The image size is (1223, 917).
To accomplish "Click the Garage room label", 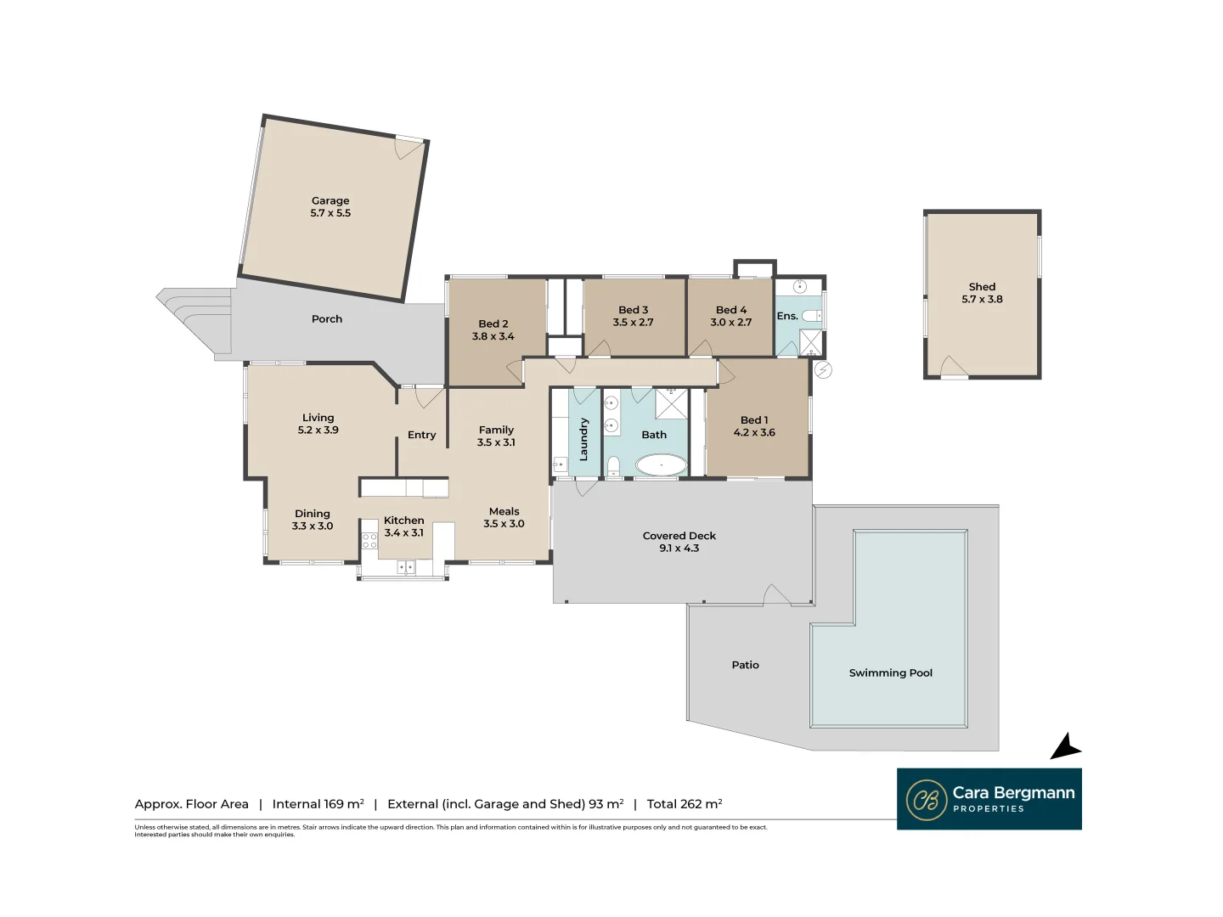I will tap(330, 201).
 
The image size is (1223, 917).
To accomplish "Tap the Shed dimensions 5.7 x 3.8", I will tap(982, 300).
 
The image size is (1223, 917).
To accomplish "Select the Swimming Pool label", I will tap(890, 673).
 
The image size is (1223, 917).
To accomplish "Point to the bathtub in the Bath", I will tap(661, 464).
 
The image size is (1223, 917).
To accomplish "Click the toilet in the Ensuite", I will tap(811, 316).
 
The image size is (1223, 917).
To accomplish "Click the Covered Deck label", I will tap(679, 536).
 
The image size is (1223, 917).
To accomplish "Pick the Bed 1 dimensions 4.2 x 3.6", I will tap(754, 433).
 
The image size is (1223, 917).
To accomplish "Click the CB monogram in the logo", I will tap(926, 800).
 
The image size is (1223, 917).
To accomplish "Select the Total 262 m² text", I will tap(685, 804).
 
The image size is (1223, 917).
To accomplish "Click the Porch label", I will tap(327, 319).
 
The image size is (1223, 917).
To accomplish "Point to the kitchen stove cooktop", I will tap(369, 539).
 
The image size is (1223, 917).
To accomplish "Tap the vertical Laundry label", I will tap(583, 439).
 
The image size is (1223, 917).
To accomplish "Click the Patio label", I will tap(745, 665).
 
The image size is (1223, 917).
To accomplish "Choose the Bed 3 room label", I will tap(633, 310).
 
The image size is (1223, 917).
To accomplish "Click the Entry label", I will tap(421, 435).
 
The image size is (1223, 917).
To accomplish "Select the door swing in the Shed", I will tap(953, 367).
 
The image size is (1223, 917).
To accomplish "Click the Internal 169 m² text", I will tap(318, 804).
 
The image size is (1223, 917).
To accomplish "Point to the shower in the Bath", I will tap(671, 404).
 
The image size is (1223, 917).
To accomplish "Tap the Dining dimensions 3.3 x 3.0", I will tap(313, 526).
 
